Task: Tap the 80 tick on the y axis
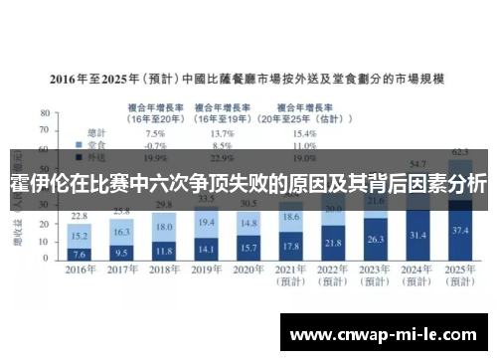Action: click(x=44, y=113)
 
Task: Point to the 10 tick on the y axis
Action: click(x=44, y=242)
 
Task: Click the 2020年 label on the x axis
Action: click(x=249, y=270)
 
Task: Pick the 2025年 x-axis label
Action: click(x=459, y=270)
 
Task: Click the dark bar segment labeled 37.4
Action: click(x=459, y=231)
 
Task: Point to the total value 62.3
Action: click(x=459, y=151)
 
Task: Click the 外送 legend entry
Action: click(x=95, y=156)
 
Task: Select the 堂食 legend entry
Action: click(x=95, y=144)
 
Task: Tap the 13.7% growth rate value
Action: click(x=223, y=132)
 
